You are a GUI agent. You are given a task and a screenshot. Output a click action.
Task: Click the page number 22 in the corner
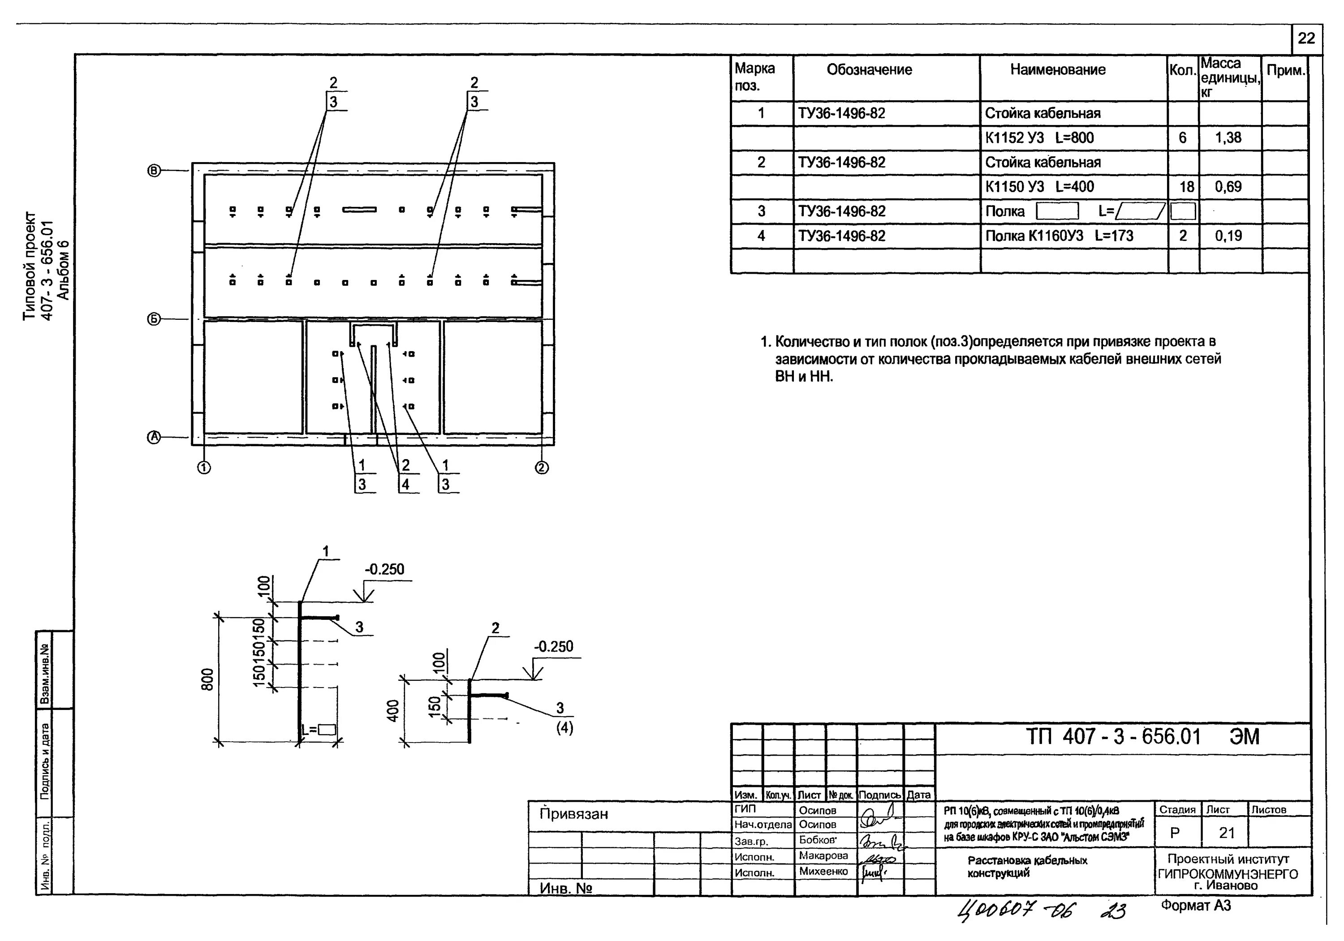1306,39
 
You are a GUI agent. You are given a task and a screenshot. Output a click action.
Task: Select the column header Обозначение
869,69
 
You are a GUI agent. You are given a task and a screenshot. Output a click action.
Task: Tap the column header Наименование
1057,69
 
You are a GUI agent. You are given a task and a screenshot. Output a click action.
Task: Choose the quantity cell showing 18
1187,187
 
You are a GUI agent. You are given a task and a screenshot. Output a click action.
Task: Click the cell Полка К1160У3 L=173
1059,236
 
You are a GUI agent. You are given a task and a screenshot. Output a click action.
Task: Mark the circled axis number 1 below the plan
204,468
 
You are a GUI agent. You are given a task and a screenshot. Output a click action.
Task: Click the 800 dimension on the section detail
208,679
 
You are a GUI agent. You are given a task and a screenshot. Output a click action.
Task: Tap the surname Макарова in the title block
823,855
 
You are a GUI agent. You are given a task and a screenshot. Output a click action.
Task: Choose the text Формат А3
1196,906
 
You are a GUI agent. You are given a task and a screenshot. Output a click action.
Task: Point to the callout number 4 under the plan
405,485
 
